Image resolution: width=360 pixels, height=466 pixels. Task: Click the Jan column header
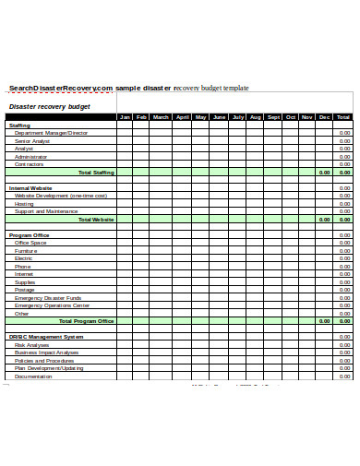(126, 117)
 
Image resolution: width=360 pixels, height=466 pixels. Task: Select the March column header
(161, 117)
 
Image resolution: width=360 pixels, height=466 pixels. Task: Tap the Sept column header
(273, 117)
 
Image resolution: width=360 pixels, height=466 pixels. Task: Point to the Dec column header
(324, 117)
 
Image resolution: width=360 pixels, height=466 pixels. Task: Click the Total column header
(343, 117)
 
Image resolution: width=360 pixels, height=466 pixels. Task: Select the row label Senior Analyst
(31, 140)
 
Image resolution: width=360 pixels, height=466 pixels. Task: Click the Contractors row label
(30, 164)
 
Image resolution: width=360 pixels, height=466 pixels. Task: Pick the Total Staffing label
(96, 173)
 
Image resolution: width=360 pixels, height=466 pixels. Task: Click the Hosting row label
(24, 204)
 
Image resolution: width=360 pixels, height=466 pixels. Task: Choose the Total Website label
(96, 220)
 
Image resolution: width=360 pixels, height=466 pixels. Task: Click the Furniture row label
(26, 251)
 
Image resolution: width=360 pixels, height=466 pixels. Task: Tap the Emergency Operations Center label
(52, 305)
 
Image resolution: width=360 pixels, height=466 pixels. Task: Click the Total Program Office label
(87, 321)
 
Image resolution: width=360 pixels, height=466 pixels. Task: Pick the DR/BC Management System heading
(46, 337)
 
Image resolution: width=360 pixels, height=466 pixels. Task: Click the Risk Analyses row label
(32, 345)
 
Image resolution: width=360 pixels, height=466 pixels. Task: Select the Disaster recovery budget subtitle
(50, 106)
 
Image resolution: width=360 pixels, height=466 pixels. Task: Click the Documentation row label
(33, 376)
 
